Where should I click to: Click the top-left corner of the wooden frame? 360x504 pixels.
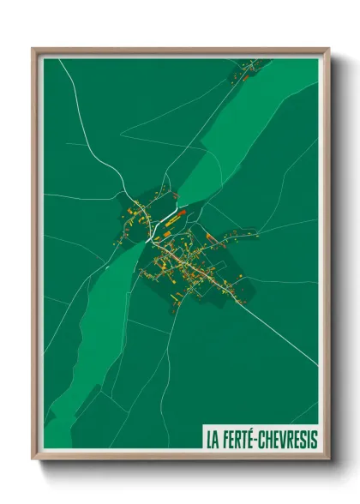(33, 49)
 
